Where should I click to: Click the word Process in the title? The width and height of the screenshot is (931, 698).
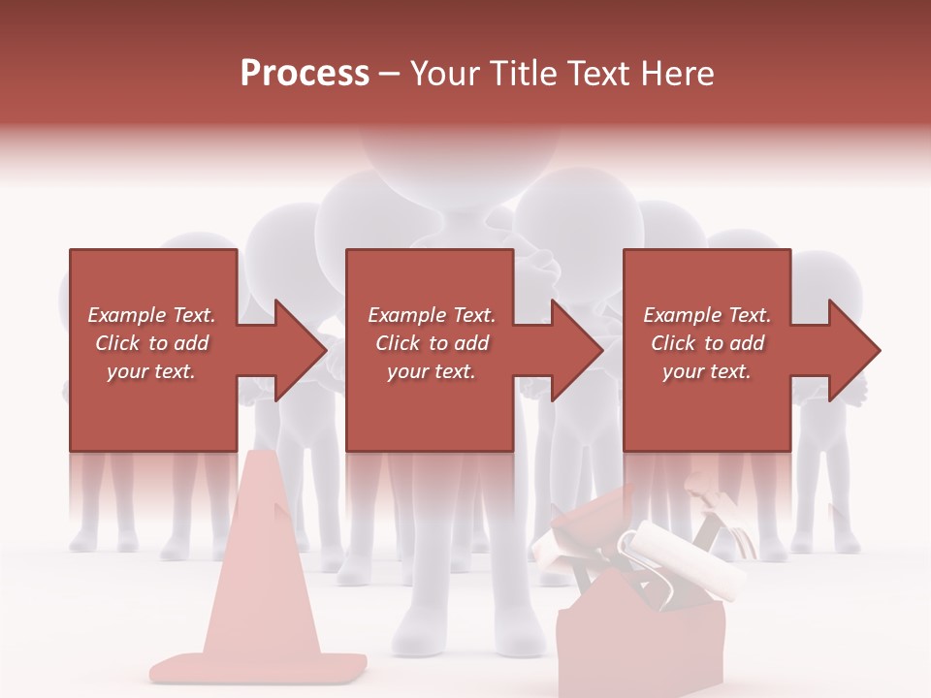(305, 74)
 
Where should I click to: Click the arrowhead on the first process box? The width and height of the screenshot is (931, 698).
(300, 350)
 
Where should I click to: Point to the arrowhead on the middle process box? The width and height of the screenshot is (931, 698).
(576, 350)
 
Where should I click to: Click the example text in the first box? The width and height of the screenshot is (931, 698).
(152, 343)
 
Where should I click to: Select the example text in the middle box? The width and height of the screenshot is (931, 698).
(431, 343)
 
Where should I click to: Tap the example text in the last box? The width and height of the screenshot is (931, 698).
(707, 343)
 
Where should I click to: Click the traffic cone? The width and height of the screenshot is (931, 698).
(259, 572)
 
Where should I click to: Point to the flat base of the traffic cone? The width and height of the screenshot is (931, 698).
(259, 667)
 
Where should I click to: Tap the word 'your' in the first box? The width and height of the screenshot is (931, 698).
(127, 371)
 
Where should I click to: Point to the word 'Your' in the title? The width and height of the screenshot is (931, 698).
(444, 74)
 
